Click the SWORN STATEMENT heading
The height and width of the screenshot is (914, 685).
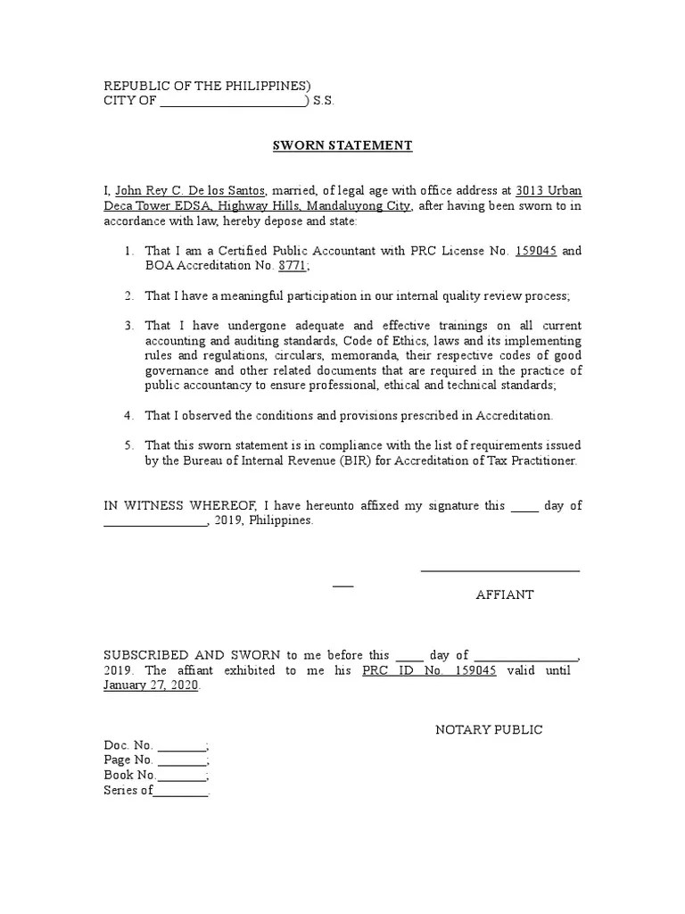[x=342, y=145]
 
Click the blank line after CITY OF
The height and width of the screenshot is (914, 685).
[x=232, y=102]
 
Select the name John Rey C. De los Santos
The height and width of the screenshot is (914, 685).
[x=191, y=191]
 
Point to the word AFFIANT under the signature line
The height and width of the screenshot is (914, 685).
[x=505, y=594]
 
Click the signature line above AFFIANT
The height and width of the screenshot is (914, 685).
[x=499, y=569]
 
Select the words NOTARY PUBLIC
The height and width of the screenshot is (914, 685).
[x=489, y=729]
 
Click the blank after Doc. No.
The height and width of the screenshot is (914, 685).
[x=183, y=745]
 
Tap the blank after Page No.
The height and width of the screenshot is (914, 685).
[x=183, y=760]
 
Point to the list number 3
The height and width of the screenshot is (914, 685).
[x=128, y=327]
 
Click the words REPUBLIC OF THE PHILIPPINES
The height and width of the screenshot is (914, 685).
[x=208, y=86]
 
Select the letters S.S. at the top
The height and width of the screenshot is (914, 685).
[x=323, y=102]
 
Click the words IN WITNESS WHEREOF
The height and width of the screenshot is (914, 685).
[x=170, y=505]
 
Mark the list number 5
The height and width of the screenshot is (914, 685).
[x=128, y=445]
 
